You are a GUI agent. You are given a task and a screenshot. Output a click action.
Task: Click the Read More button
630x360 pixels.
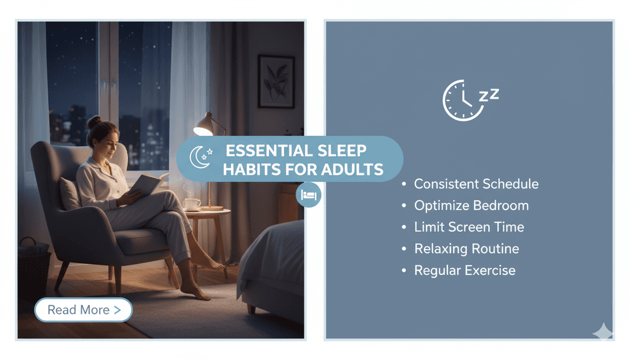pyautogui.click(x=83, y=310)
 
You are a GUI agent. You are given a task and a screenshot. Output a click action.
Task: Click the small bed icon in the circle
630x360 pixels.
pyautogui.click(x=309, y=195)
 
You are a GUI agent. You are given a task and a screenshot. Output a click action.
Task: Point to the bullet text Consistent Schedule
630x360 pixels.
pyautogui.click(x=476, y=184)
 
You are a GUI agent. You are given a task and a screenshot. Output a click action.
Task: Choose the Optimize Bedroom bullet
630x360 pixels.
pyautogui.click(x=471, y=206)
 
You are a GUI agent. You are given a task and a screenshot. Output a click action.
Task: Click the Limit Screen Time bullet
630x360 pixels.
pyautogui.click(x=469, y=228)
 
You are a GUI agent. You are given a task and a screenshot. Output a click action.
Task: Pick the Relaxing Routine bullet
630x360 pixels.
pyautogui.click(x=466, y=249)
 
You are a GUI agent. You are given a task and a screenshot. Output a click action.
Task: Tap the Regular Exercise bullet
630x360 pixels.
pyautogui.click(x=464, y=271)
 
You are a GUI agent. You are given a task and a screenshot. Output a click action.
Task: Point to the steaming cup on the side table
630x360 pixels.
pyautogui.click(x=192, y=204)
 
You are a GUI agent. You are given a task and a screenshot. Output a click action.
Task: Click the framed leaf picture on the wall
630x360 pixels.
pyautogui.click(x=275, y=82)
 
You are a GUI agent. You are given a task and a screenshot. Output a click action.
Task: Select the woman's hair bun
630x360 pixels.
pyautogui.click(x=94, y=122)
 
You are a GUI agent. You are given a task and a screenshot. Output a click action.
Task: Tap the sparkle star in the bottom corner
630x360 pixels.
pyautogui.click(x=603, y=332)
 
